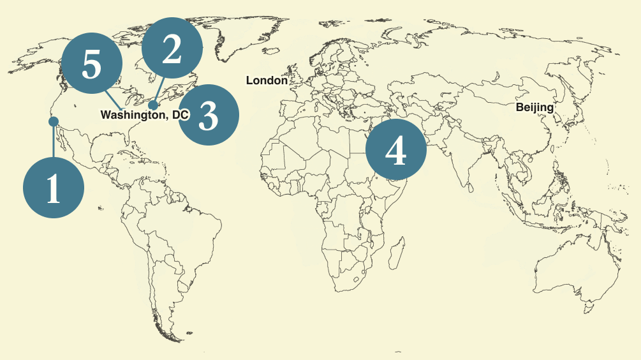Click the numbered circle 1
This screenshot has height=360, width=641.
pyautogui.click(x=54, y=188)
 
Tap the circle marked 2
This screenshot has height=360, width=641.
pyautogui.click(x=172, y=49)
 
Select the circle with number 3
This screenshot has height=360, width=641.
pyautogui.click(x=208, y=115)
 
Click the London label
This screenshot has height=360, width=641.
pyautogui.click(x=267, y=80)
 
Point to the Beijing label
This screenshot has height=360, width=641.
pyautogui.click(x=534, y=107)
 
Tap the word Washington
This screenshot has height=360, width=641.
pyautogui.click(x=130, y=115)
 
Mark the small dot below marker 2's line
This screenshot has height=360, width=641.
pyautogui.click(x=153, y=104)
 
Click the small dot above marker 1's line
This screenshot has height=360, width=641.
pyautogui.click(x=54, y=121)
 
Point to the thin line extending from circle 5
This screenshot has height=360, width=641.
pyautogui.click(x=114, y=102)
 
